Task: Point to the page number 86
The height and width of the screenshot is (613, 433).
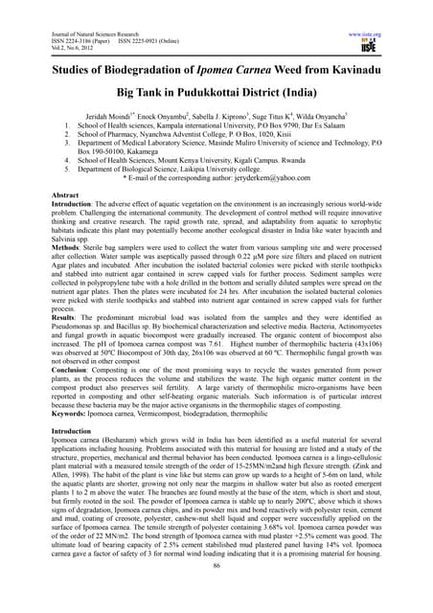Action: pos(216,595)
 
